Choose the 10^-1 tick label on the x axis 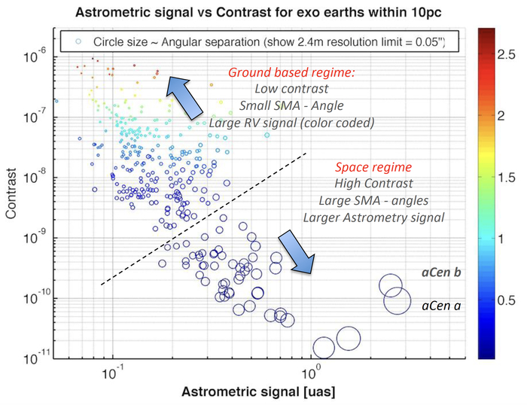click(x=112, y=371)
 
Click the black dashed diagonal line click(x=203, y=219)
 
